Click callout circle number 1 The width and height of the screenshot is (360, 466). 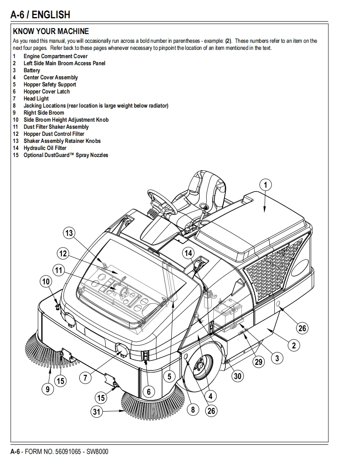point(266,185)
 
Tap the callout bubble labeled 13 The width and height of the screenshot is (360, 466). point(69,233)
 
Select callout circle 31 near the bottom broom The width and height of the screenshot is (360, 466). point(96,412)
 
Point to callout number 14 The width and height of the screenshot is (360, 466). point(188,253)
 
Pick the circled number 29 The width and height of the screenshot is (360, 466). point(259,362)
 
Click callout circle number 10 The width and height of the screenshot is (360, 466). point(46,282)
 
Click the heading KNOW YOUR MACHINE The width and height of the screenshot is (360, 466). point(51,31)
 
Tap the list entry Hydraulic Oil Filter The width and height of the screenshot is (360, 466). point(45,148)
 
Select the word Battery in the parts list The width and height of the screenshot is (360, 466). point(32,70)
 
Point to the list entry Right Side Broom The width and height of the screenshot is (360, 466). point(44,113)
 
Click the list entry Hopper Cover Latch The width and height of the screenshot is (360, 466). point(47,91)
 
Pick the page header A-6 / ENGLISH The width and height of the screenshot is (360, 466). point(40,15)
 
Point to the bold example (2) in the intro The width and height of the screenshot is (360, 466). point(228,41)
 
